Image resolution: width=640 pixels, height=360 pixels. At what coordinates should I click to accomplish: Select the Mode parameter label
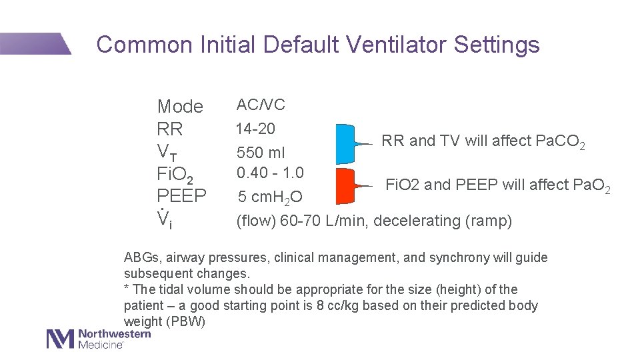click(x=180, y=107)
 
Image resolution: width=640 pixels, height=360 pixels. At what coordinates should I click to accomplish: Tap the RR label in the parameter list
click(x=169, y=129)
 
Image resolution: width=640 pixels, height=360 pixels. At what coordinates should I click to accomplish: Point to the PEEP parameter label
click(x=181, y=197)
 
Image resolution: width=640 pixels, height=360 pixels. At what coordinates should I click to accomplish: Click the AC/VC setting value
click(x=261, y=105)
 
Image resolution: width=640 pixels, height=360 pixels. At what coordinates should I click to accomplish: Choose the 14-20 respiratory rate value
click(x=255, y=128)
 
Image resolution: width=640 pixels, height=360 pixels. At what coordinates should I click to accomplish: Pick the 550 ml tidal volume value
click(x=261, y=153)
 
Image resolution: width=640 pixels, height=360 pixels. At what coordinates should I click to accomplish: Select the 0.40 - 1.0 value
click(x=270, y=173)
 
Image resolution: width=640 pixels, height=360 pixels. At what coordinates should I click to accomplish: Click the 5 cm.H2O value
click(x=270, y=197)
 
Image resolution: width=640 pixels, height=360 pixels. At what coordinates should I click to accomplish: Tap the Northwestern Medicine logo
click(x=98, y=339)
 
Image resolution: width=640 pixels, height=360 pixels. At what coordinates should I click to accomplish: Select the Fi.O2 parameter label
click(x=175, y=175)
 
